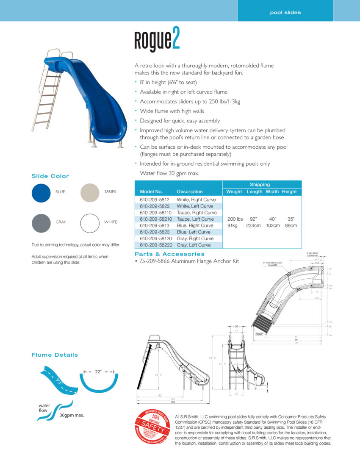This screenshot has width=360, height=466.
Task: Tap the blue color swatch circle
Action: tap(41, 193)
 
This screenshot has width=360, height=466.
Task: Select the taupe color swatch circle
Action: tap(90, 193)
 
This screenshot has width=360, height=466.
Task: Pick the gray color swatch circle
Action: tap(41, 223)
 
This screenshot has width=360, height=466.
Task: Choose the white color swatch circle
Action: tap(90, 223)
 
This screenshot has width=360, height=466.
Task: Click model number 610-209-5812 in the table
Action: tap(154, 200)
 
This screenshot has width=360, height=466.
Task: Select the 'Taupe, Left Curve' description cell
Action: tap(195, 219)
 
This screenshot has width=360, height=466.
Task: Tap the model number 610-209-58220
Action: tap(156, 245)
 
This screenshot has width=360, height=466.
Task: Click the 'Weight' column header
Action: tap(234, 191)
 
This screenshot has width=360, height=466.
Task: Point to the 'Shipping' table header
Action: tap(260, 185)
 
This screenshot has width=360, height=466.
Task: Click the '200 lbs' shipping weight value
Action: tap(235, 219)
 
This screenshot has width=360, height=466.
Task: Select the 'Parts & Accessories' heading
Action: tap(169, 254)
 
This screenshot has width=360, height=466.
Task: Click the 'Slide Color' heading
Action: tap(50, 176)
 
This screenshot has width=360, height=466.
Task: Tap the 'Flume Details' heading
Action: tap(55, 355)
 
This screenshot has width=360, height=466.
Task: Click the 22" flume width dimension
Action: tap(98, 372)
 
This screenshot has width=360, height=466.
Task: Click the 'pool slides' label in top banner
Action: tap(285, 12)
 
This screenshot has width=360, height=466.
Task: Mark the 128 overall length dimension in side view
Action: tap(172, 402)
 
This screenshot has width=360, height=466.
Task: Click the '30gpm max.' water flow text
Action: tap(72, 415)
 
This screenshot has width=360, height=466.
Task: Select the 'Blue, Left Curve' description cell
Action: tap(194, 232)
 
